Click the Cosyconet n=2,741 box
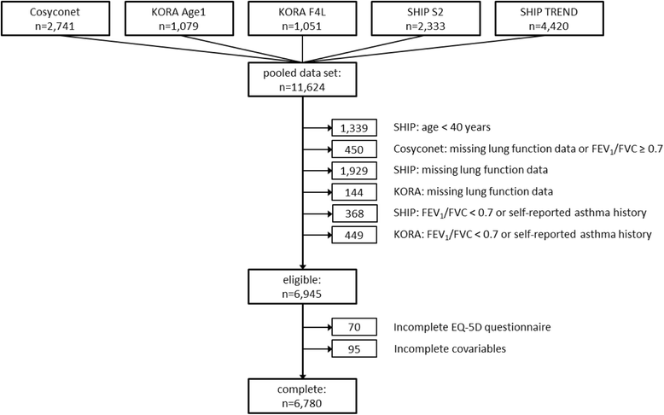[55, 19]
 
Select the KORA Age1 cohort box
[178, 19]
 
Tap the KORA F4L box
[302, 19]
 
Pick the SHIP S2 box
[426, 19]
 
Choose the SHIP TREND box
[549, 19]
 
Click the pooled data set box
[302, 79]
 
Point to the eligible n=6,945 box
[302, 287]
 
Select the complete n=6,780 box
[302, 396]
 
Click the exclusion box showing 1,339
[354, 127]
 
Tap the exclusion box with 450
[354, 149]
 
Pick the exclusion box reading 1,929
[354, 171]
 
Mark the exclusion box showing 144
[354, 192]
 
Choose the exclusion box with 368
[354, 213]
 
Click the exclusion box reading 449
[354, 235]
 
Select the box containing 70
[354, 327]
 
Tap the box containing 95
[354, 348]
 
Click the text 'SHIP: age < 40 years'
[442, 127]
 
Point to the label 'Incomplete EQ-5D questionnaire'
[472, 327]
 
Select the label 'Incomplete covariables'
[450, 348]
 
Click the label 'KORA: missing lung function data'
[474, 191]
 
